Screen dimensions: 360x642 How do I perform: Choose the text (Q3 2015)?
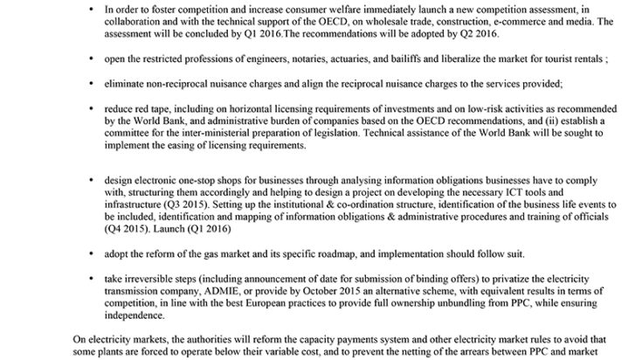(x=193, y=204)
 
